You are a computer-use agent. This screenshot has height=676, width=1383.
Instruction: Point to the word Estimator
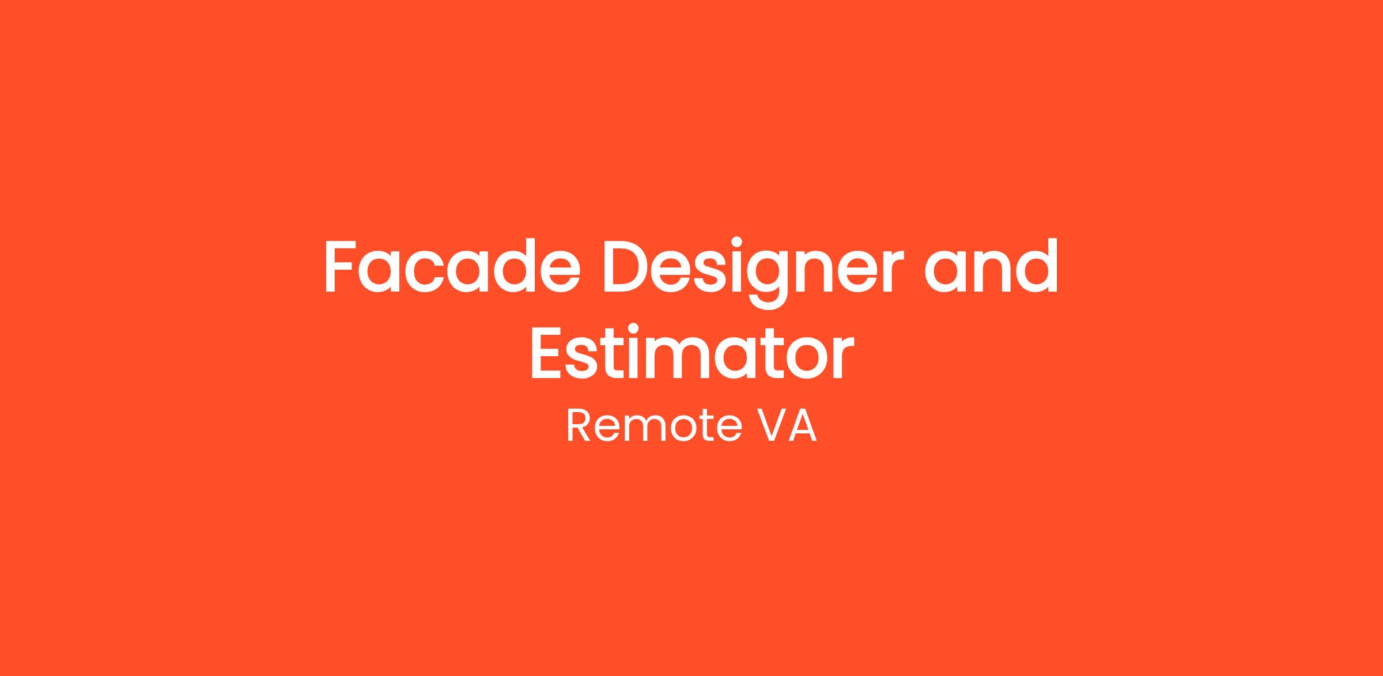[691, 352]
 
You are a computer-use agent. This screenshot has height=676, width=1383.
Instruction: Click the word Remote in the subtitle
[655, 426]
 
